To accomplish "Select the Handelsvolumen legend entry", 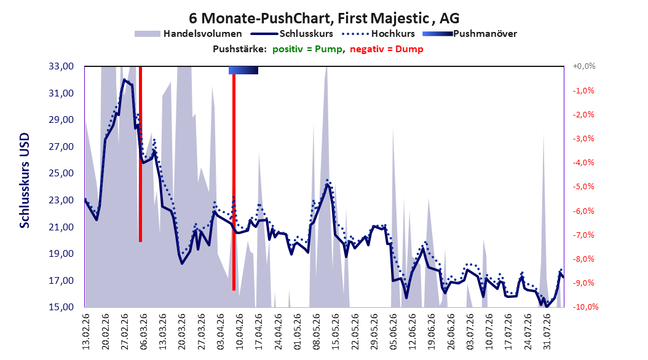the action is [188, 34].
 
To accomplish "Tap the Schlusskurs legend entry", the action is [292, 34].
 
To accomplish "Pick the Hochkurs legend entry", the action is [378, 34].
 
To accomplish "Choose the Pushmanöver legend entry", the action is [470, 34].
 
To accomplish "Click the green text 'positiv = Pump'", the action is [307, 49].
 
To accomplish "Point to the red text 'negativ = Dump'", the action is [387, 49].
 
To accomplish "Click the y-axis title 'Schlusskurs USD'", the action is [25, 181].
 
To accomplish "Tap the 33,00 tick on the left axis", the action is [61, 66].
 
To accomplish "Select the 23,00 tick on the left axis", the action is [61, 200].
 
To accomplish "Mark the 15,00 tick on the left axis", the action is [61, 307].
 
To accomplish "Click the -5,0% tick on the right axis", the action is [583, 187].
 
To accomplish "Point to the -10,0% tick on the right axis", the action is [585, 307].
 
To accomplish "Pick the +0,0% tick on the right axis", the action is [584, 66].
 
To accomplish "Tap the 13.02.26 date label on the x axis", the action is [86, 332].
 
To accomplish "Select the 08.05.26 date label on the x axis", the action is [317, 332].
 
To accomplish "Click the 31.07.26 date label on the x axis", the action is [547, 332].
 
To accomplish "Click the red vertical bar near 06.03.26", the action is [141, 154].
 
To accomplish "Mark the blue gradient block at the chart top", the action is [243, 70].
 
